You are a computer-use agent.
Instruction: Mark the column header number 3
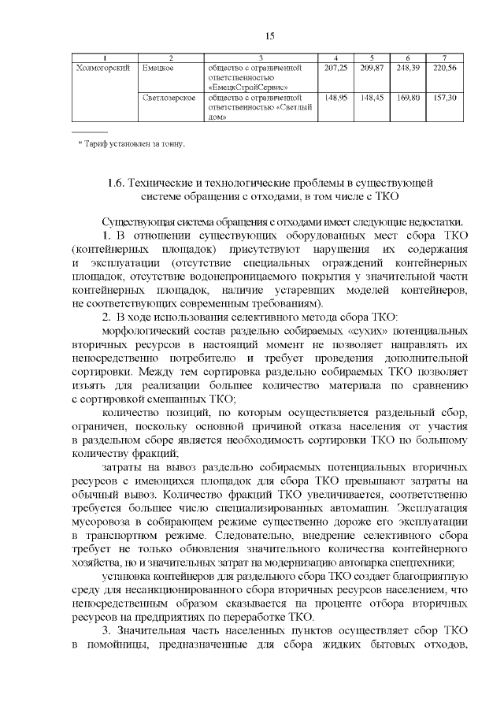(260, 58)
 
